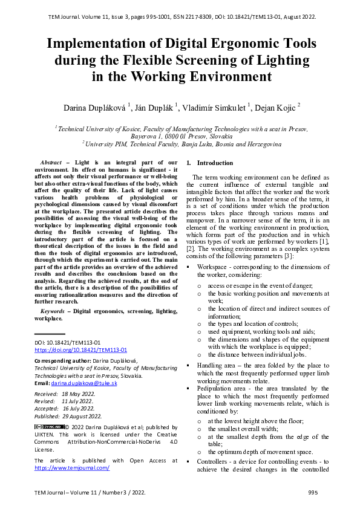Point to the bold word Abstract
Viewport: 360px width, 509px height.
pos(51,163)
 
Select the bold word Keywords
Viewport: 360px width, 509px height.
pos(47,311)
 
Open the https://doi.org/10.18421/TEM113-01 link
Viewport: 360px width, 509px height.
pos(80,350)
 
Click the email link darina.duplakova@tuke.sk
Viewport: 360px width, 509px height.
pos(84,384)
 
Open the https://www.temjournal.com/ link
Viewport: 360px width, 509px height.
pos(72,468)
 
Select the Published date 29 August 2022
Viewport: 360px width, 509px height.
pos(82,417)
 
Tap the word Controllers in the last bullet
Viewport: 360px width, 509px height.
pos(214,461)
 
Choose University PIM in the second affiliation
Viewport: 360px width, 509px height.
pos(107,144)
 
